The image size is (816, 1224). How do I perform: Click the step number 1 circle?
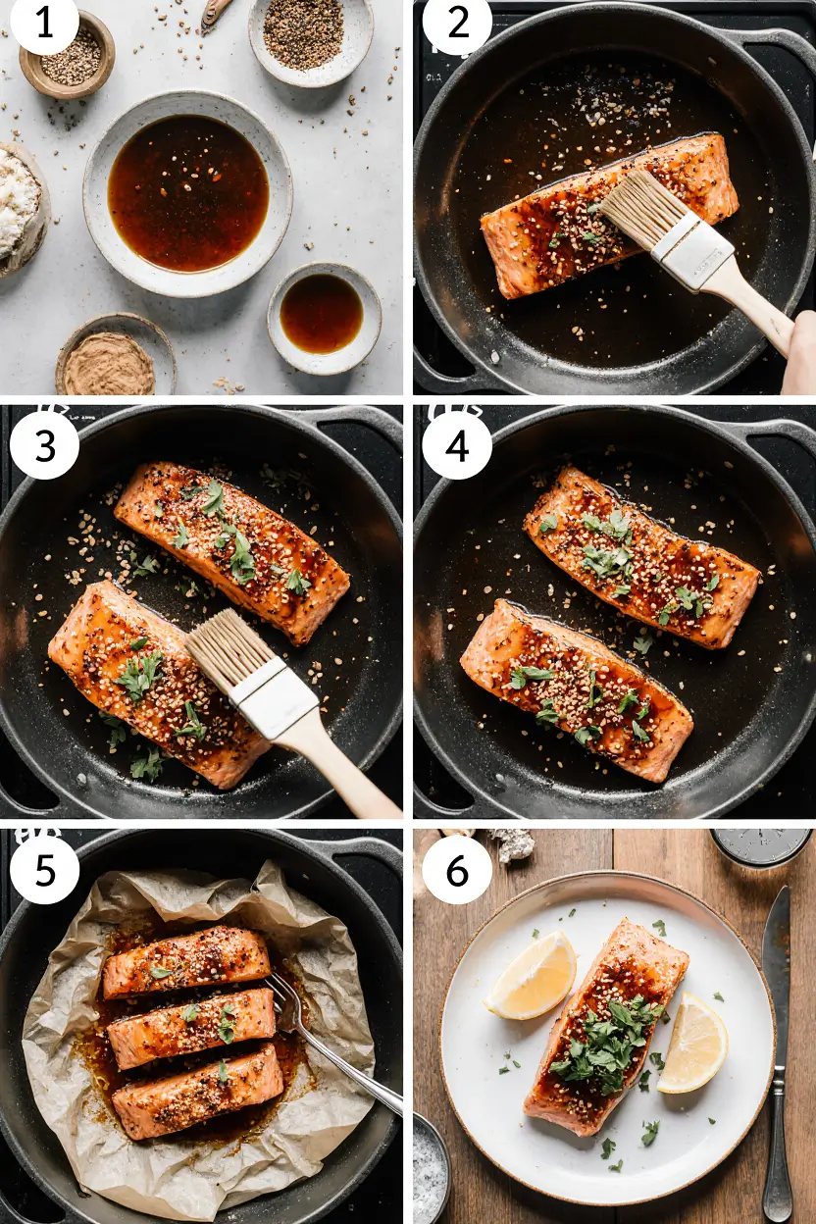44,24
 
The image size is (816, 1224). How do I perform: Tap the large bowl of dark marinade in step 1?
187,192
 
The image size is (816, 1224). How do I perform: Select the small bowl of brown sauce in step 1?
323,314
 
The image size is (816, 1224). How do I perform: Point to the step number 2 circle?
457,24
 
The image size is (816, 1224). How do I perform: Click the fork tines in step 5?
283,996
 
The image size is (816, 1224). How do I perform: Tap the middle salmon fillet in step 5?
191,1027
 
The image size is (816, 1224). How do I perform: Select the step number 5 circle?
44,869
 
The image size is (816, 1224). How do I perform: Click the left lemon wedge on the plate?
532,976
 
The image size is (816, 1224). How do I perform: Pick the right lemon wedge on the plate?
693,1043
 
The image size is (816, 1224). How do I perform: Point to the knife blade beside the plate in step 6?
776,961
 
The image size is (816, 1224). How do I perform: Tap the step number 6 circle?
457,869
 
